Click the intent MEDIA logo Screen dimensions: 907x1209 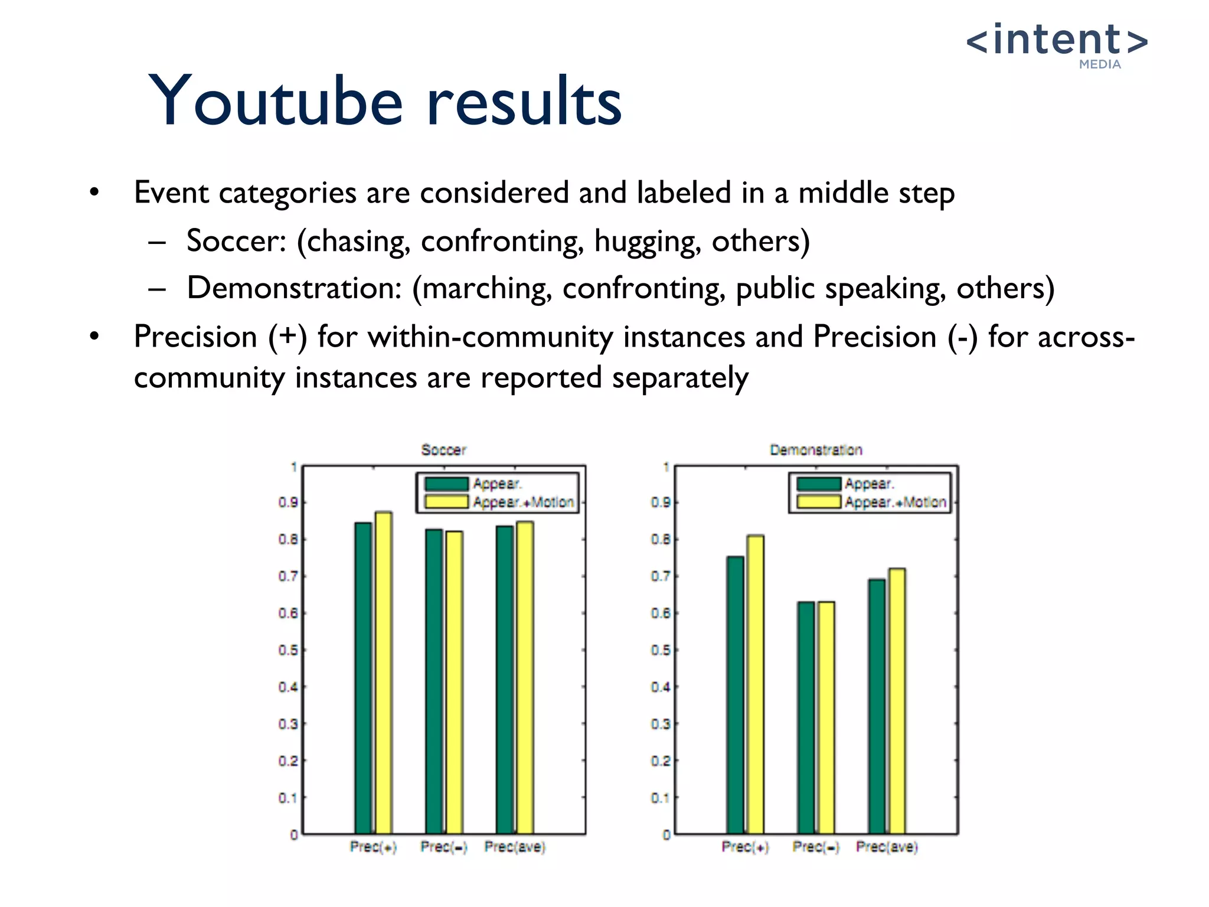[x=1057, y=44]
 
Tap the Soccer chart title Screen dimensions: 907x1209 [x=443, y=450]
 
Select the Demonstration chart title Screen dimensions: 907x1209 [x=816, y=450]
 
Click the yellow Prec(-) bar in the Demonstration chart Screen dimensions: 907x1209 [x=826, y=717]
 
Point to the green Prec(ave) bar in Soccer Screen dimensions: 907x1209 [x=505, y=679]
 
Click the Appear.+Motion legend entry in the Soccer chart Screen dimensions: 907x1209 [x=523, y=503]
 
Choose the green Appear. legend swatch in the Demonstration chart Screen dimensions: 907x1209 [x=819, y=484]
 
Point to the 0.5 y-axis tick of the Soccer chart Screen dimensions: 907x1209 [x=288, y=650]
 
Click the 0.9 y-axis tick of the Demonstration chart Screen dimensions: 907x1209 [x=661, y=503]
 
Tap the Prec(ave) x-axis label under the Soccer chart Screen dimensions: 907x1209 [x=515, y=847]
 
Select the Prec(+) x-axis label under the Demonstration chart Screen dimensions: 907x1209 [x=746, y=847]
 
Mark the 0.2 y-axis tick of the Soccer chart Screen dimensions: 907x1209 [x=288, y=761]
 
